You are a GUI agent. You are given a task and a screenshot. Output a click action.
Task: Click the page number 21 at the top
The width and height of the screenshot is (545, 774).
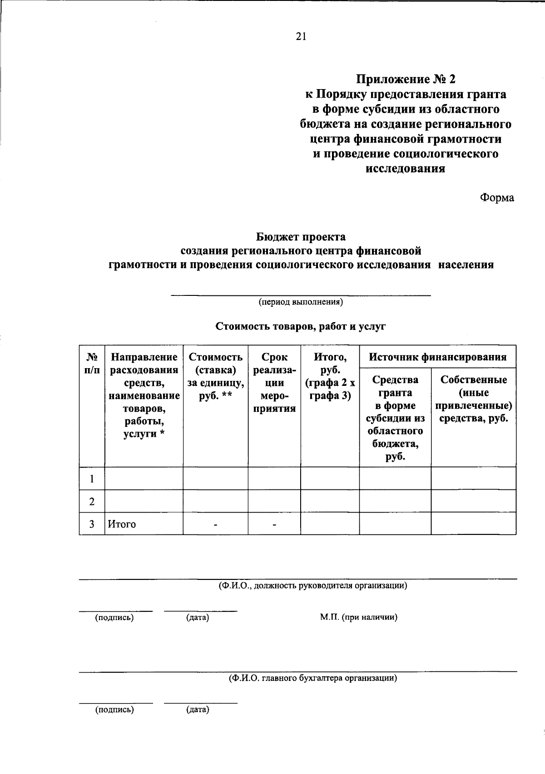301,37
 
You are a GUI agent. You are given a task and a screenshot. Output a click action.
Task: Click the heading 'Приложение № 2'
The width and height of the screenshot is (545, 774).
405,80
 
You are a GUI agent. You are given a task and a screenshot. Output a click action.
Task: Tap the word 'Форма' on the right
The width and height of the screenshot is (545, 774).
497,198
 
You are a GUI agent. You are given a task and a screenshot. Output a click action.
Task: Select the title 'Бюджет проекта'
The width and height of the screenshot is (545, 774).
301,237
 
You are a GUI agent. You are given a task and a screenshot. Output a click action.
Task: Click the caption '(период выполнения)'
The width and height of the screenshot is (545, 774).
301,302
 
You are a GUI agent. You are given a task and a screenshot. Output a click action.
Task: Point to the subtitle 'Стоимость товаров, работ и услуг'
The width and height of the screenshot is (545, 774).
301,326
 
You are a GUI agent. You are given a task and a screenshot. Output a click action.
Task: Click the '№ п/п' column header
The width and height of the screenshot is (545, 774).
92,364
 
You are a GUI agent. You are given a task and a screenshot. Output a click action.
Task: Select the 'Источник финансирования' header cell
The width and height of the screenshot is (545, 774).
437,357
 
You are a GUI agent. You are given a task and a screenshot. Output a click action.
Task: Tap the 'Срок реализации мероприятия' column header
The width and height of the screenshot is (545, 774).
274,383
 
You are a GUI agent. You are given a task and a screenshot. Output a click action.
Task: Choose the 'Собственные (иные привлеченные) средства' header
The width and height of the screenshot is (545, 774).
473,399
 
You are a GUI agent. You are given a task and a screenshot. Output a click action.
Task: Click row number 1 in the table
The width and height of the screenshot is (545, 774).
92,479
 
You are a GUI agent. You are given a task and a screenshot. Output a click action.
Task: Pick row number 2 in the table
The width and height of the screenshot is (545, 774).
92,501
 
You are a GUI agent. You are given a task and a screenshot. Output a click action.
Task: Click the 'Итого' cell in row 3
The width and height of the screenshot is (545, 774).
122,524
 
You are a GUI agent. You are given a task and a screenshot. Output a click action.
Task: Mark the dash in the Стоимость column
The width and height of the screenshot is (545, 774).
216,525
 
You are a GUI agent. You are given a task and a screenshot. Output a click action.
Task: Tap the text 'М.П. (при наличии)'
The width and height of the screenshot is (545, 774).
358,617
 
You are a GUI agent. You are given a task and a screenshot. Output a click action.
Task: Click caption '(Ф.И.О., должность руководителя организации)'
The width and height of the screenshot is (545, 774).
312,585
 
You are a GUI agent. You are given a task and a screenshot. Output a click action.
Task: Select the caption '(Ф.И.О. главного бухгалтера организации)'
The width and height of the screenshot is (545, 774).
312,678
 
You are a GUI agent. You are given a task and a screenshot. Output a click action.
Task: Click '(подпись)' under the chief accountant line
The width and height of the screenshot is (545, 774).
114,709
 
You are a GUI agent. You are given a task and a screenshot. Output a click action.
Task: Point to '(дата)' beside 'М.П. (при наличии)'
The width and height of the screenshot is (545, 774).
198,618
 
